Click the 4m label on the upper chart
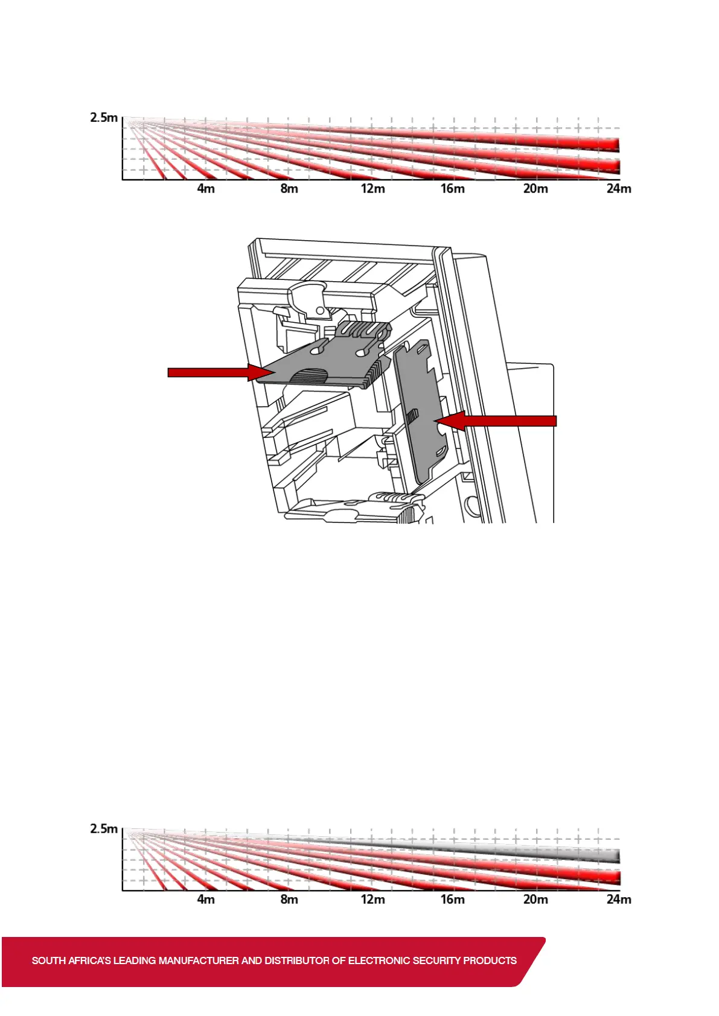[x=206, y=189]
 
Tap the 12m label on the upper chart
[x=372, y=189]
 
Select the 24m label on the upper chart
[x=619, y=189]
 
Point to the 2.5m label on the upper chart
[x=103, y=118]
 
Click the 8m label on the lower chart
[x=289, y=899]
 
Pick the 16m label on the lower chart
[x=453, y=899]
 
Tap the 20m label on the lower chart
[x=535, y=899]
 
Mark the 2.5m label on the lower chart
[x=103, y=829]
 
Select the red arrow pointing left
[x=495, y=421]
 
